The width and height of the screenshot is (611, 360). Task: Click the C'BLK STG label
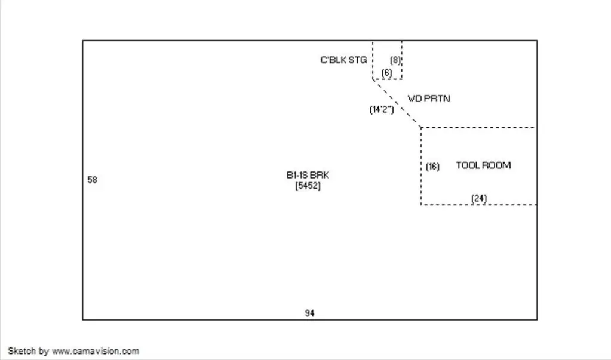click(343, 60)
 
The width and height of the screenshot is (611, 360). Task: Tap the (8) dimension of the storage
click(395, 60)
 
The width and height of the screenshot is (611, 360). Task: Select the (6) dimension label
click(386, 72)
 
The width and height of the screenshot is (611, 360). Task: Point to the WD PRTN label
click(429, 99)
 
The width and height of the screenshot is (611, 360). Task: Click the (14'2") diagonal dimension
click(382, 109)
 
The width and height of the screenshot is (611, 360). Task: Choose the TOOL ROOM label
click(483, 165)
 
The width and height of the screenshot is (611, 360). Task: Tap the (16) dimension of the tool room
click(432, 167)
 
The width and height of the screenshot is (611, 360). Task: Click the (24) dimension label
click(479, 198)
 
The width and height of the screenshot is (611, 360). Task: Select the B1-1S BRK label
click(308, 176)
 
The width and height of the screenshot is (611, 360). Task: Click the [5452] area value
click(308, 186)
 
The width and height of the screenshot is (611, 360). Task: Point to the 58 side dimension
click(92, 180)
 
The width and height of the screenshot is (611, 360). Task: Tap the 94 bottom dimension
click(309, 313)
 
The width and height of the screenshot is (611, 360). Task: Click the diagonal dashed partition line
click(397, 103)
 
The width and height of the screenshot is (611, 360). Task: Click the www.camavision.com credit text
click(96, 351)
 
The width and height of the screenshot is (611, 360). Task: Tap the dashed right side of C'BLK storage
click(402, 60)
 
